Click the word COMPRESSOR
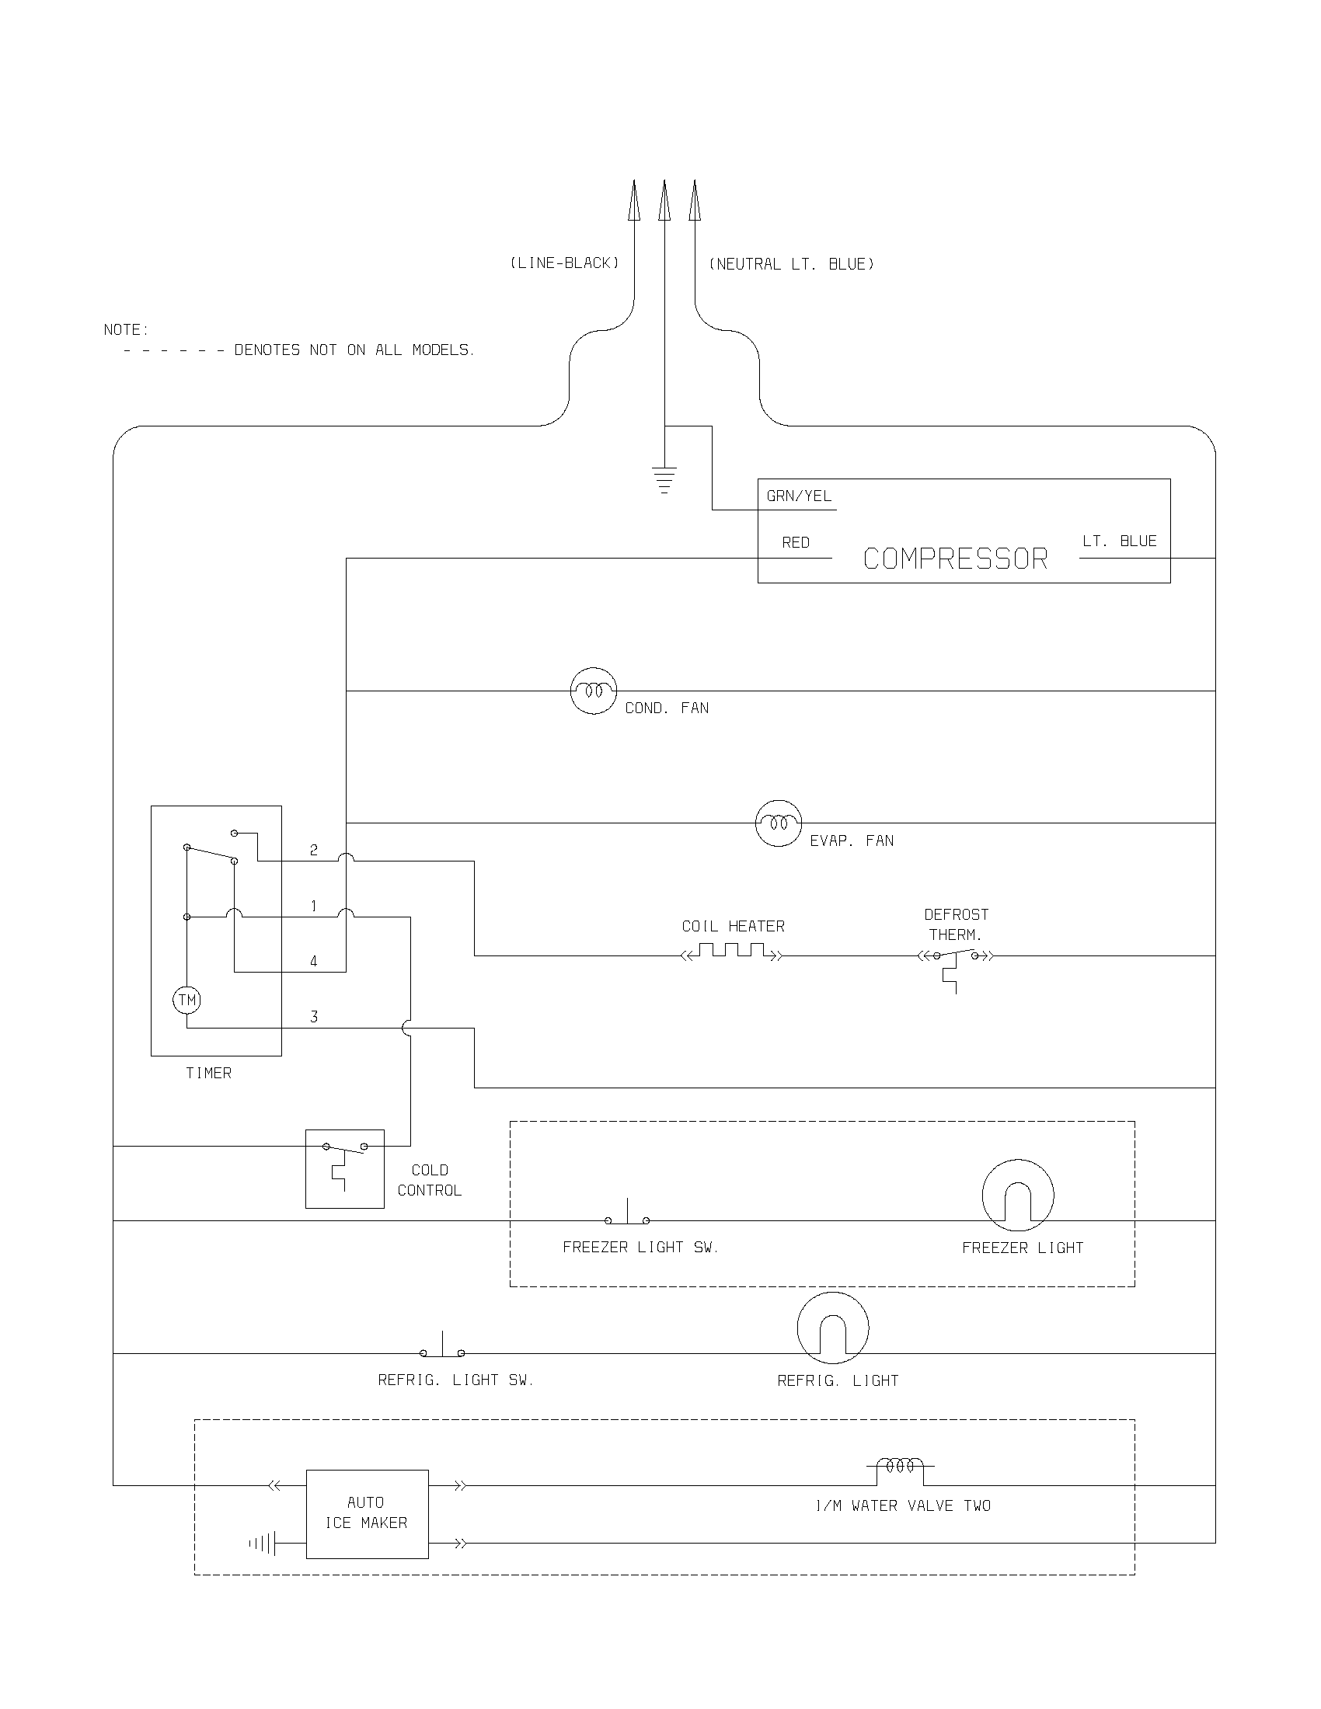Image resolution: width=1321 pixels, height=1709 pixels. [955, 559]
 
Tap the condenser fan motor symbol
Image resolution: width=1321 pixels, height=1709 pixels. [593, 691]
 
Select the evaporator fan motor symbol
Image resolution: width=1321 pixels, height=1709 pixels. [778, 823]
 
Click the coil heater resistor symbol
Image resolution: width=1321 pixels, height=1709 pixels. [732, 952]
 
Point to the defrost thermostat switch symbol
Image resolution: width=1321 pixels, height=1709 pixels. [956, 958]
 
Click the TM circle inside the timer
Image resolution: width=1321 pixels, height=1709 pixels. [187, 1000]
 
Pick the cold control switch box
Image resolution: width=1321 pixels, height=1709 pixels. [344, 1168]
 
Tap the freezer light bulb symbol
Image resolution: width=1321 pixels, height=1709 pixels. [1017, 1195]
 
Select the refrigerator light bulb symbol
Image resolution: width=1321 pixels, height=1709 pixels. [833, 1328]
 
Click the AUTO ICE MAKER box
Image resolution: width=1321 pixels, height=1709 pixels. [366, 1513]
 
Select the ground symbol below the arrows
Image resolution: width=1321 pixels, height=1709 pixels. [664, 479]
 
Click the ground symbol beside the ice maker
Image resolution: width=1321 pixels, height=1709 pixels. [263, 1544]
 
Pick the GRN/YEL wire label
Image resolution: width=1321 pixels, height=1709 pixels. [798, 496]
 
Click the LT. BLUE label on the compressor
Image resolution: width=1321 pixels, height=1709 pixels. [1119, 541]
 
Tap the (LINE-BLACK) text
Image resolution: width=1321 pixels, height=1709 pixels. [564, 263]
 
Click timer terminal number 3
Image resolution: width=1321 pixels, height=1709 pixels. [314, 1018]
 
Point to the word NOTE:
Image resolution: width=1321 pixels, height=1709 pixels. [126, 330]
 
